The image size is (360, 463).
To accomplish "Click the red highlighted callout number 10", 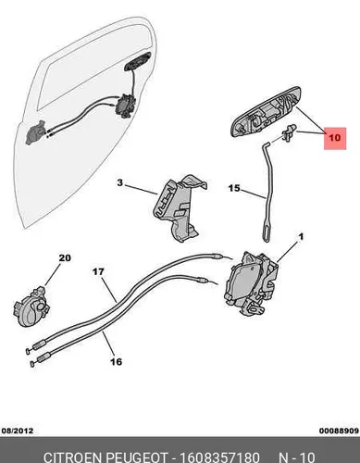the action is click(335, 138).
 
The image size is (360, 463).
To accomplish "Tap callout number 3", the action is click(120, 183).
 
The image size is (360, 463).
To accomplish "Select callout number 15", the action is click(234, 188).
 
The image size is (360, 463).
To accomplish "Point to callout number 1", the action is click(301, 237).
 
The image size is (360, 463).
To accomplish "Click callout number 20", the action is click(65, 257).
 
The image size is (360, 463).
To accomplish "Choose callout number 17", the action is click(98, 272).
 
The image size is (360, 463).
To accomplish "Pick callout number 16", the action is click(116, 361).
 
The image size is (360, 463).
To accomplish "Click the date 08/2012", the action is click(18, 431).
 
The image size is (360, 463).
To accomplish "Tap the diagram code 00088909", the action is click(339, 431).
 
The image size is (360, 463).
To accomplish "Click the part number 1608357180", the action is click(219, 457).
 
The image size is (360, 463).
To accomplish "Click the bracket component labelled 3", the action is click(179, 207).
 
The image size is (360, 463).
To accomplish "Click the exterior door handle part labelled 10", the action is click(266, 112).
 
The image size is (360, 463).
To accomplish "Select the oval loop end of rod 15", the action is click(266, 232).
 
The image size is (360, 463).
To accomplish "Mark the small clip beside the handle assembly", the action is click(289, 132).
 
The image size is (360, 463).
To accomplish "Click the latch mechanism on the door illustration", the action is click(125, 106).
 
